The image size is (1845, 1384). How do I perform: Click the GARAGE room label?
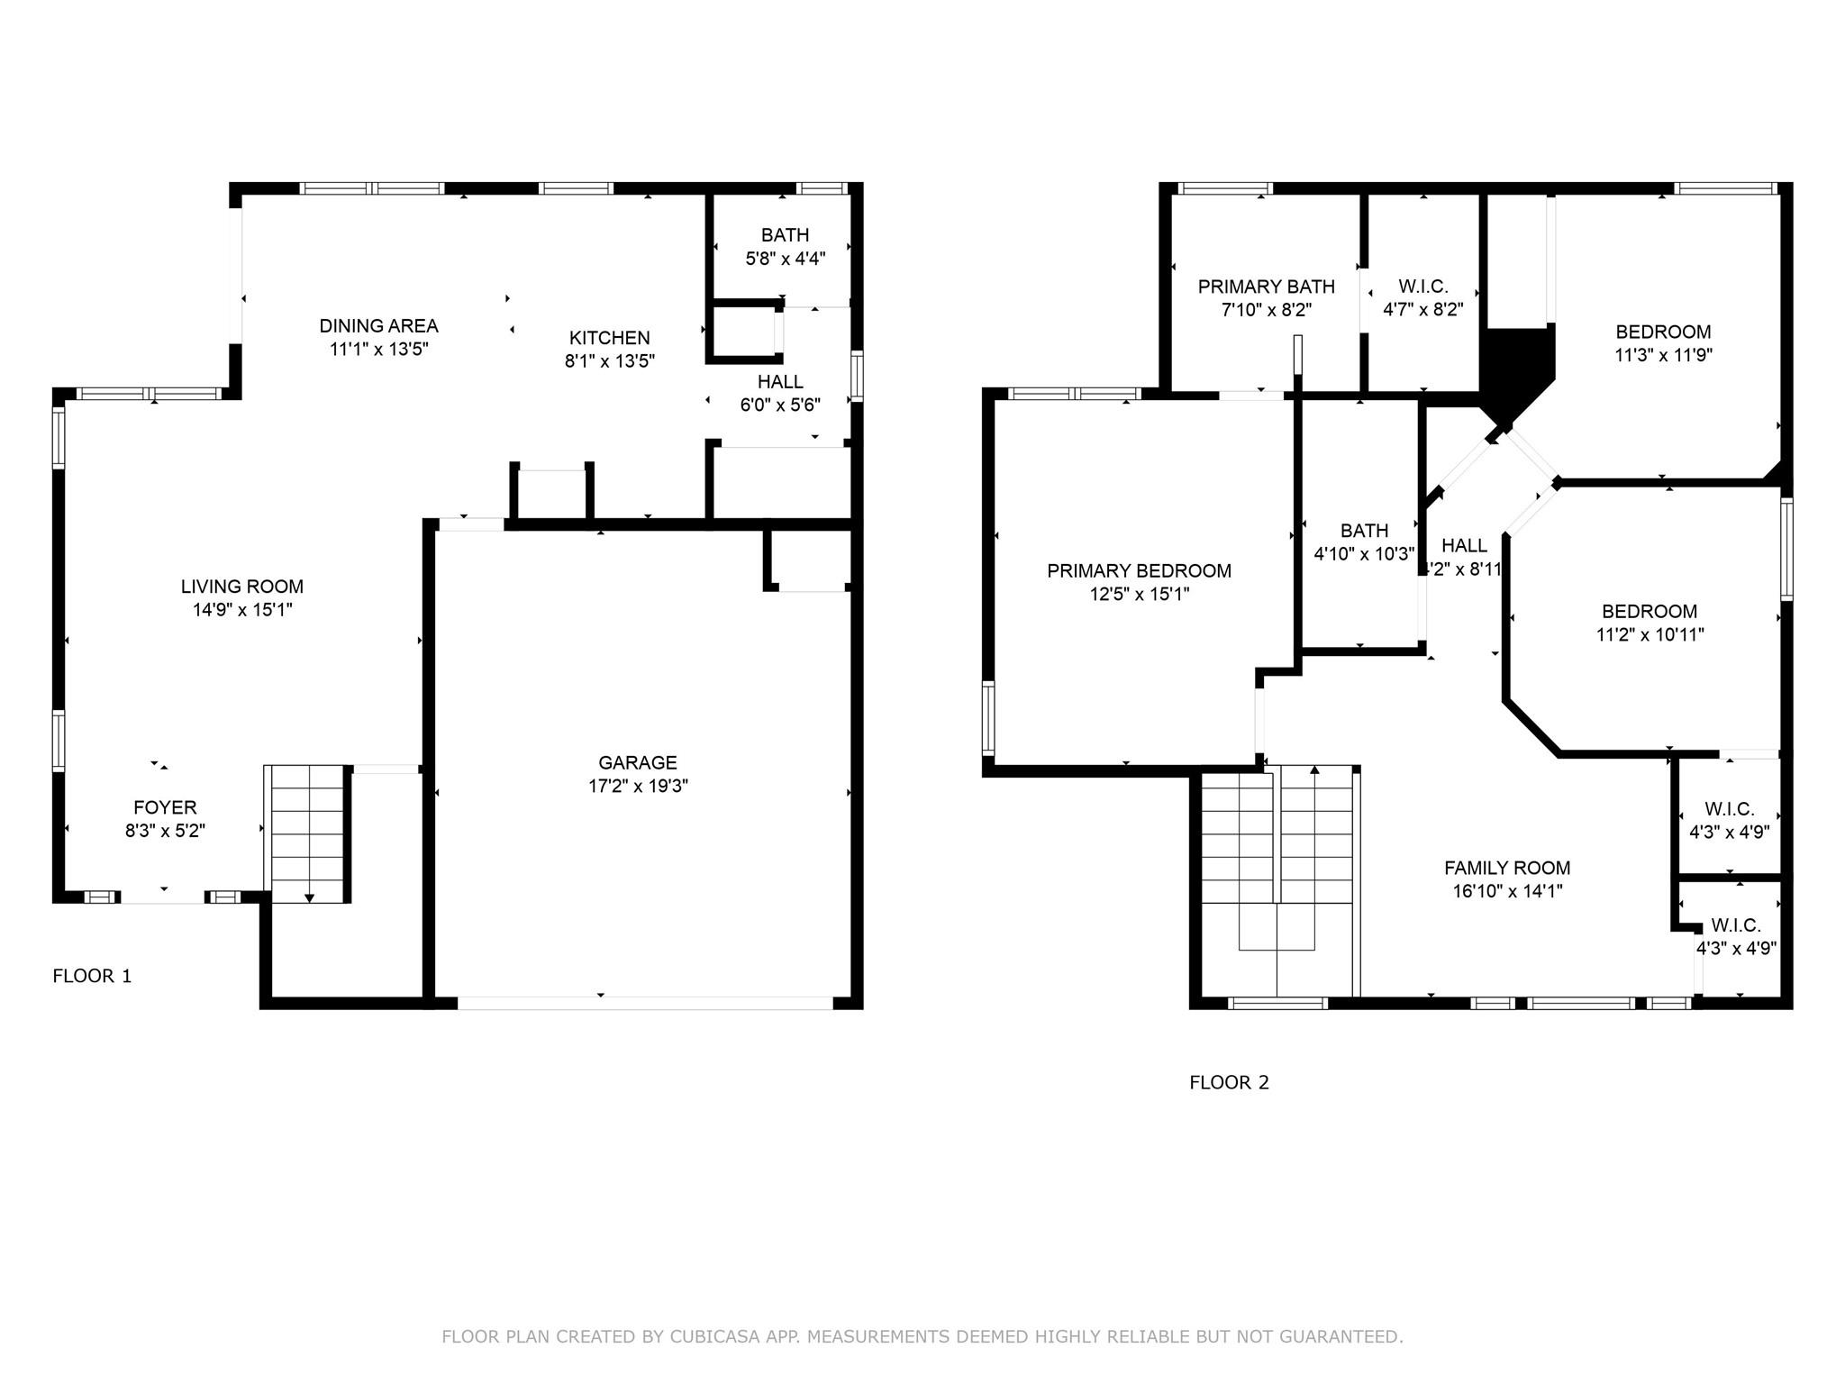637,762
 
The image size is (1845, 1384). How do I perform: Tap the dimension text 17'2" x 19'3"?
638,786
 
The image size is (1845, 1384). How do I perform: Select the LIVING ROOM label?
241,587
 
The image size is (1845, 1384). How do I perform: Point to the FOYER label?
165,807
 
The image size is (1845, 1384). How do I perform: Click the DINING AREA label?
378,326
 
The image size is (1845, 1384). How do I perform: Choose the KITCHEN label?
609,338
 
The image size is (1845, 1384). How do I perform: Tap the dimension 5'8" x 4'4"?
785,259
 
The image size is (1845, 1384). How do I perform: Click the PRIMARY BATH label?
1266,287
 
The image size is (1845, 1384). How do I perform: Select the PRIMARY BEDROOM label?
1139,570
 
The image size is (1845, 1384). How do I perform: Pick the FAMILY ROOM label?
1506,868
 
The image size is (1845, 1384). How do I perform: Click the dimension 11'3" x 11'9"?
1663,355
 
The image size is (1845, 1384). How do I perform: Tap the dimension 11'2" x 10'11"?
1650,634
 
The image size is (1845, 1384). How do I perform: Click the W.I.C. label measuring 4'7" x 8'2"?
1422,287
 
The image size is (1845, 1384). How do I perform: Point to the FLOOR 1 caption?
92,976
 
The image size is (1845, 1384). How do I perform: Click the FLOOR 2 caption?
1229,1082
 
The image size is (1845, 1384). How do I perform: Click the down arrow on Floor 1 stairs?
309,897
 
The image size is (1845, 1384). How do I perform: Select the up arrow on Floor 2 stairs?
1314,770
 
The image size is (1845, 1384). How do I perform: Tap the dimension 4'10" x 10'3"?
1364,554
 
